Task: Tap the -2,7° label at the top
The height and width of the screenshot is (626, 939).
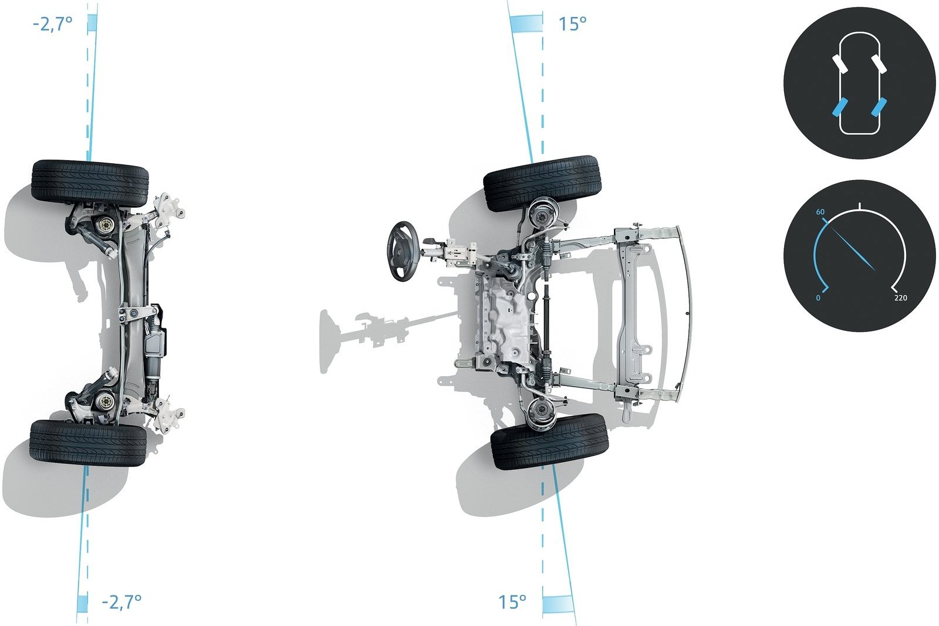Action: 52,24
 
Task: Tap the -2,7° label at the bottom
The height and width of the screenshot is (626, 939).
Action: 121,602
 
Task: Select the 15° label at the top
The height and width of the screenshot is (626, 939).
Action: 573,24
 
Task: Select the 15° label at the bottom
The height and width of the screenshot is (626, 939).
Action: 512,602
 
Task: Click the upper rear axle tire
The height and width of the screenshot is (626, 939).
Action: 90,184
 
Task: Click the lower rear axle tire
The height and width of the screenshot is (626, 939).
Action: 88,443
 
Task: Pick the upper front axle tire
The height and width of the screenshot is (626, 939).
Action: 542,183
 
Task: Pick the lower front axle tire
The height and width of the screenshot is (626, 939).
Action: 549,442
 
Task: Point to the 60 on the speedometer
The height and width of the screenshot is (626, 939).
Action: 820,212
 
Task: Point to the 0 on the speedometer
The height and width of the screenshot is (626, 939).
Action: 818,298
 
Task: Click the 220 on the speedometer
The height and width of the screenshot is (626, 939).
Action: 900,298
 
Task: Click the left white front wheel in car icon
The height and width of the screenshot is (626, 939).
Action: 840,64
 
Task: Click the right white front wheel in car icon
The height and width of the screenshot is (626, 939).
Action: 880,64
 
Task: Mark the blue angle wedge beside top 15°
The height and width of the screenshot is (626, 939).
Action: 526,23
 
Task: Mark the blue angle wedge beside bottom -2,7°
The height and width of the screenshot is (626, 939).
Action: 82,604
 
